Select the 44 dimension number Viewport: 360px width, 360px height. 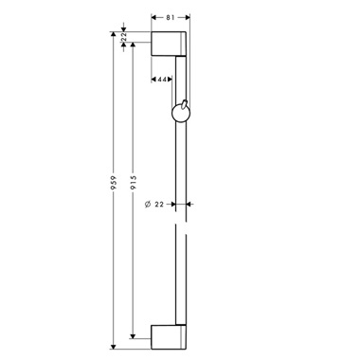tap(164, 81)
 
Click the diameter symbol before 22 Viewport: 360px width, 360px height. tap(149, 203)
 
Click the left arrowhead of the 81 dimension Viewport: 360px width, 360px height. tap(154, 16)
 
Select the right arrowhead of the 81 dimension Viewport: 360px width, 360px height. tap(189, 16)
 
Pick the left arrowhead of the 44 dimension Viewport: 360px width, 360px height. tap(154, 81)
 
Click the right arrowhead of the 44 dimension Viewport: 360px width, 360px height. tap(173, 81)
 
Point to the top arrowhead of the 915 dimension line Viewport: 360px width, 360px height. tap(133, 47)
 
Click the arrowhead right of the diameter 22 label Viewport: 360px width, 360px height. tap(189, 203)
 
